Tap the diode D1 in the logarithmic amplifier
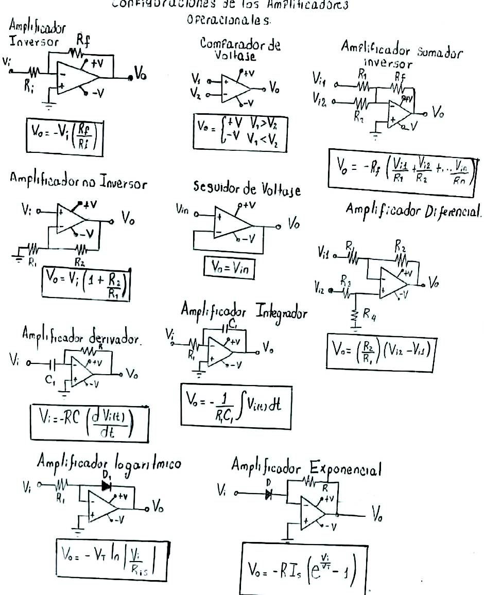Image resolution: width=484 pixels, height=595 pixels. click(x=107, y=485)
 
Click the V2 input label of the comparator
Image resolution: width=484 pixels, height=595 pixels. click(x=196, y=94)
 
